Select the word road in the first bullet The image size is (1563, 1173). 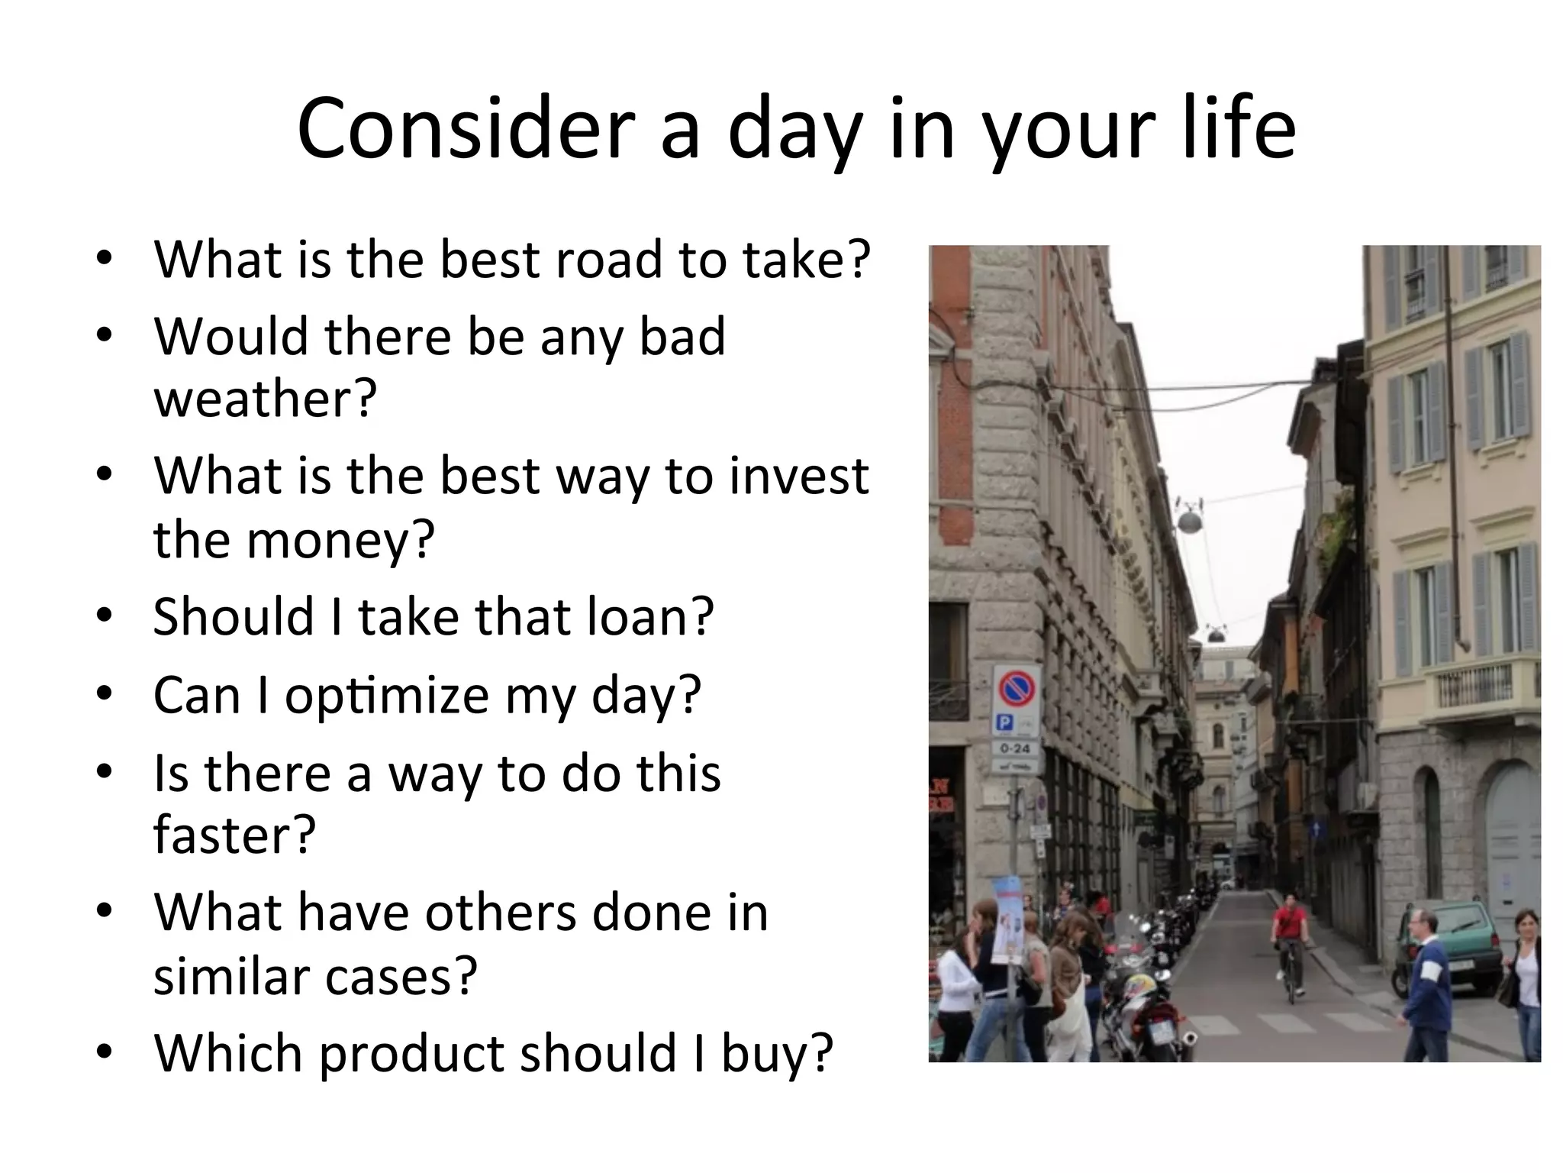click(609, 260)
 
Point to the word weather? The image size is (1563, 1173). click(265, 399)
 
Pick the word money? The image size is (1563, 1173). click(340, 539)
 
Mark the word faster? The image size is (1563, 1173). click(234, 834)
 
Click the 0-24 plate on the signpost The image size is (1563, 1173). click(1015, 748)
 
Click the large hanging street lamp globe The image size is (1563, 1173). click(1189, 522)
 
